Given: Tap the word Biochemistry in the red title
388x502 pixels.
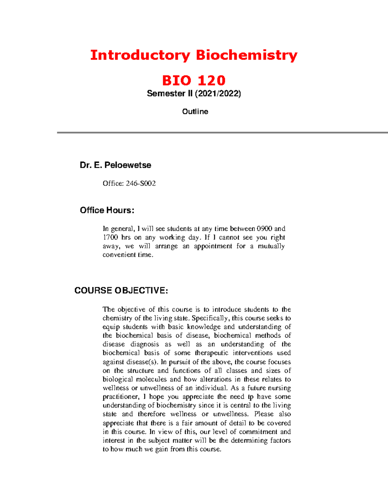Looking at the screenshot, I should point(246,55).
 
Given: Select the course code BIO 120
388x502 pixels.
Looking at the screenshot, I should point(194,80).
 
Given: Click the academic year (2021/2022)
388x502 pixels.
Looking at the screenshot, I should point(218,94).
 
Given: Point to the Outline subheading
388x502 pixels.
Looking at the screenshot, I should point(195,112).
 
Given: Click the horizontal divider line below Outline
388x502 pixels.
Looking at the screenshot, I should point(222,132).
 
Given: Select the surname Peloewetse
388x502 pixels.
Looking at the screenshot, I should point(128,165).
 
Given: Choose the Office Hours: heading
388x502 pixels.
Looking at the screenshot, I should point(107,210).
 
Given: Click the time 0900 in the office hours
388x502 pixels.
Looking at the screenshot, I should point(264,229).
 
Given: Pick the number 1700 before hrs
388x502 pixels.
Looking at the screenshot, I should point(110,238).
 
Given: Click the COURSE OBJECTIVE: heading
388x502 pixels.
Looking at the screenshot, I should point(121,291).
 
